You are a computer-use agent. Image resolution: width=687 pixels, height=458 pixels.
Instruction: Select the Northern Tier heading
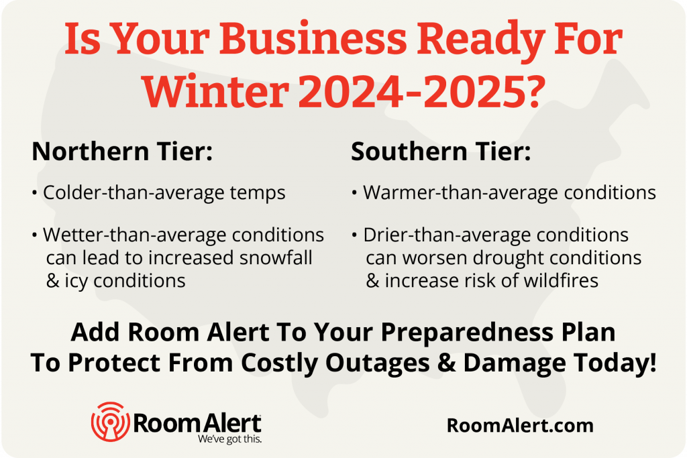click(122, 152)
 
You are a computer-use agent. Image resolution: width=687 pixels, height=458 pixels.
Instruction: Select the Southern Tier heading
click(441, 152)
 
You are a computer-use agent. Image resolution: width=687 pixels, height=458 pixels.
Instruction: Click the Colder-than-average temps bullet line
click(164, 193)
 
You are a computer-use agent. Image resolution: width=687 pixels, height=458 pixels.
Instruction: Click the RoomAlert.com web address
click(519, 424)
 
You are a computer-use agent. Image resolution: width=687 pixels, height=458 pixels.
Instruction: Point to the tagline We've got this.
click(230, 440)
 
